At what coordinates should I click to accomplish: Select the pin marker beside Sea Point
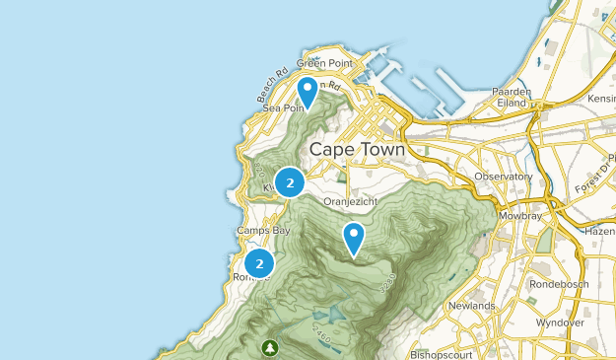(x=308, y=92)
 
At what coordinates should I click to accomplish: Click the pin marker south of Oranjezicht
(x=353, y=238)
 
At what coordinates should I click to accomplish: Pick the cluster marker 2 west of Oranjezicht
(x=289, y=182)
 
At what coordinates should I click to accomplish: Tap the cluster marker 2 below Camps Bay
(x=259, y=263)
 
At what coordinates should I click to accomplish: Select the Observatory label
(x=503, y=177)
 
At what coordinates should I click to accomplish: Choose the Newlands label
(x=471, y=306)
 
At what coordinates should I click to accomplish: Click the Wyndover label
(x=561, y=323)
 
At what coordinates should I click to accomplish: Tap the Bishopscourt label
(x=444, y=352)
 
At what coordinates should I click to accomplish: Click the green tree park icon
(x=270, y=348)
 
